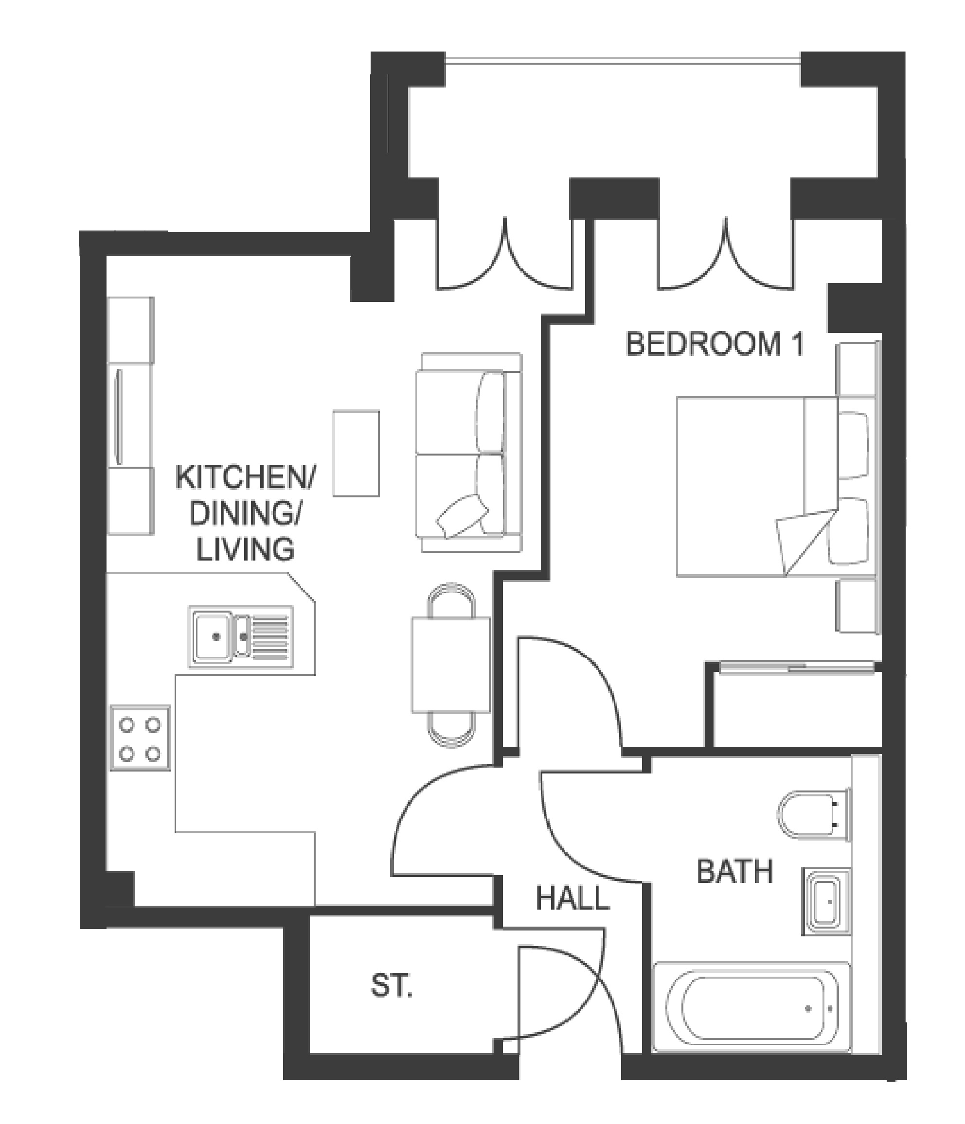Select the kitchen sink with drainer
pos(240,636)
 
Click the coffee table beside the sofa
pos(356,453)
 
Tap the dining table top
pos(450,665)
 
